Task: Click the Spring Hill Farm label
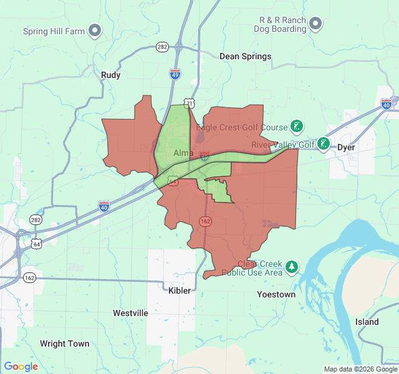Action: tap(53, 31)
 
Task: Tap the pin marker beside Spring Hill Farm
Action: tap(95, 29)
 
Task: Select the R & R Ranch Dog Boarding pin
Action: tap(315, 24)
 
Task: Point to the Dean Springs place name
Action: tap(245, 56)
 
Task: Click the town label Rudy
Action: tap(110, 75)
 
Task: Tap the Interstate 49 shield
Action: tap(176, 74)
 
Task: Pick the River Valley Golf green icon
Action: tap(323, 145)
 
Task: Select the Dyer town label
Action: tap(345, 148)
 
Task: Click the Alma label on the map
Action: tap(183, 153)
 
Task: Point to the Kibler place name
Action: tap(180, 290)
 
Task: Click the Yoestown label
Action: tap(276, 294)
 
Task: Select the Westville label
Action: tap(130, 312)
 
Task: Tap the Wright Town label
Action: tap(64, 343)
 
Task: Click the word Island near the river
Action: tap(367, 322)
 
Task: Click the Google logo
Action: tap(21, 367)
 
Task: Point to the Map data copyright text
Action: tap(359, 369)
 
